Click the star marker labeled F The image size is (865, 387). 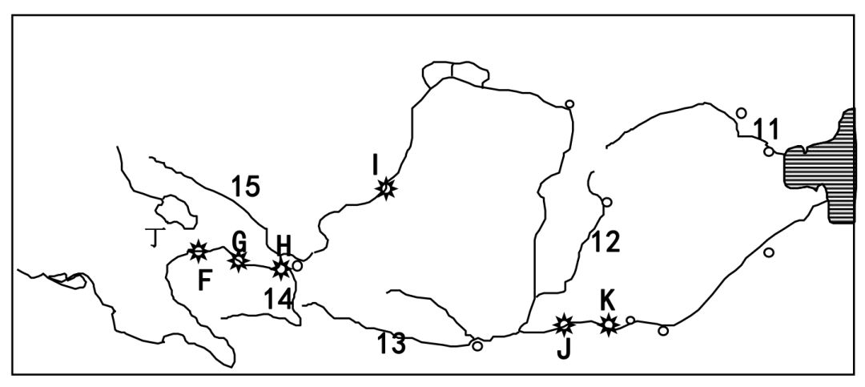pyautogui.click(x=199, y=252)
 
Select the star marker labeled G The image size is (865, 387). pyautogui.click(x=238, y=260)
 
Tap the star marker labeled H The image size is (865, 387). pyautogui.click(x=280, y=268)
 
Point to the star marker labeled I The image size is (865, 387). pyautogui.click(x=386, y=188)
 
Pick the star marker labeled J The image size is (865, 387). pyautogui.click(x=565, y=325)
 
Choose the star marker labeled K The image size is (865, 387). pyautogui.click(x=609, y=324)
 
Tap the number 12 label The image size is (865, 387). pyautogui.click(x=606, y=241)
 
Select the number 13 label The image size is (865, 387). pyautogui.click(x=392, y=345)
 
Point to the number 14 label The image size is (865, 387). pyautogui.click(x=279, y=298)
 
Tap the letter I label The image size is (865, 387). pyautogui.click(x=375, y=165)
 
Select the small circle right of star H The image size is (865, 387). pyautogui.click(x=297, y=265)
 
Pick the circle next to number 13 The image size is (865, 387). pyautogui.click(x=477, y=346)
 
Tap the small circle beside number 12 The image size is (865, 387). pyautogui.click(x=607, y=202)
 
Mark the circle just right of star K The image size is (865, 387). pyautogui.click(x=630, y=320)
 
